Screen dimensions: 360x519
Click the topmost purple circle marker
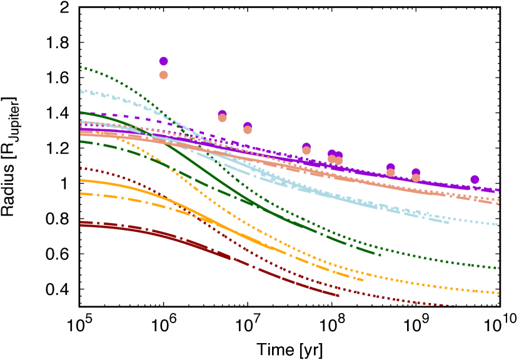click(163, 61)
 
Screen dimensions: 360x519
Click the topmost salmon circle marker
click(163, 75)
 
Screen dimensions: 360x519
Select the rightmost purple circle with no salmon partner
click(475, 179)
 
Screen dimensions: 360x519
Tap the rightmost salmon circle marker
click(416, 177)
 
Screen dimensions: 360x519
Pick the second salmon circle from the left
click(222, 117)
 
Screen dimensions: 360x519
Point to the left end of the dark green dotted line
click(81, 67)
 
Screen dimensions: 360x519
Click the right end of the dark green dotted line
click(499, 268)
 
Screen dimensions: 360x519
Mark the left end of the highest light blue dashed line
click(81, 91)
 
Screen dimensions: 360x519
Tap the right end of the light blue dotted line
click(498, 224)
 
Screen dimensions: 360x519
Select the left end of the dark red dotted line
click(81, 167)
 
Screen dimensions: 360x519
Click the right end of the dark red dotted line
click(455, 306)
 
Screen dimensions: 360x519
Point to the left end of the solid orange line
click(81, 180)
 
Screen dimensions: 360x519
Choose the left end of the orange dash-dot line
click(81, 193)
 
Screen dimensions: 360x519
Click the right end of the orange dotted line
click(499, 292)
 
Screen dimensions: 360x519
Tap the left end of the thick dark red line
click(81, 224)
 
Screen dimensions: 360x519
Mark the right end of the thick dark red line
click(340, 295)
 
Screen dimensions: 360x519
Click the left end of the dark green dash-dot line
click(81, 141)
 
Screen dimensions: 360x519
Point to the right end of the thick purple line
click(499, 190)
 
